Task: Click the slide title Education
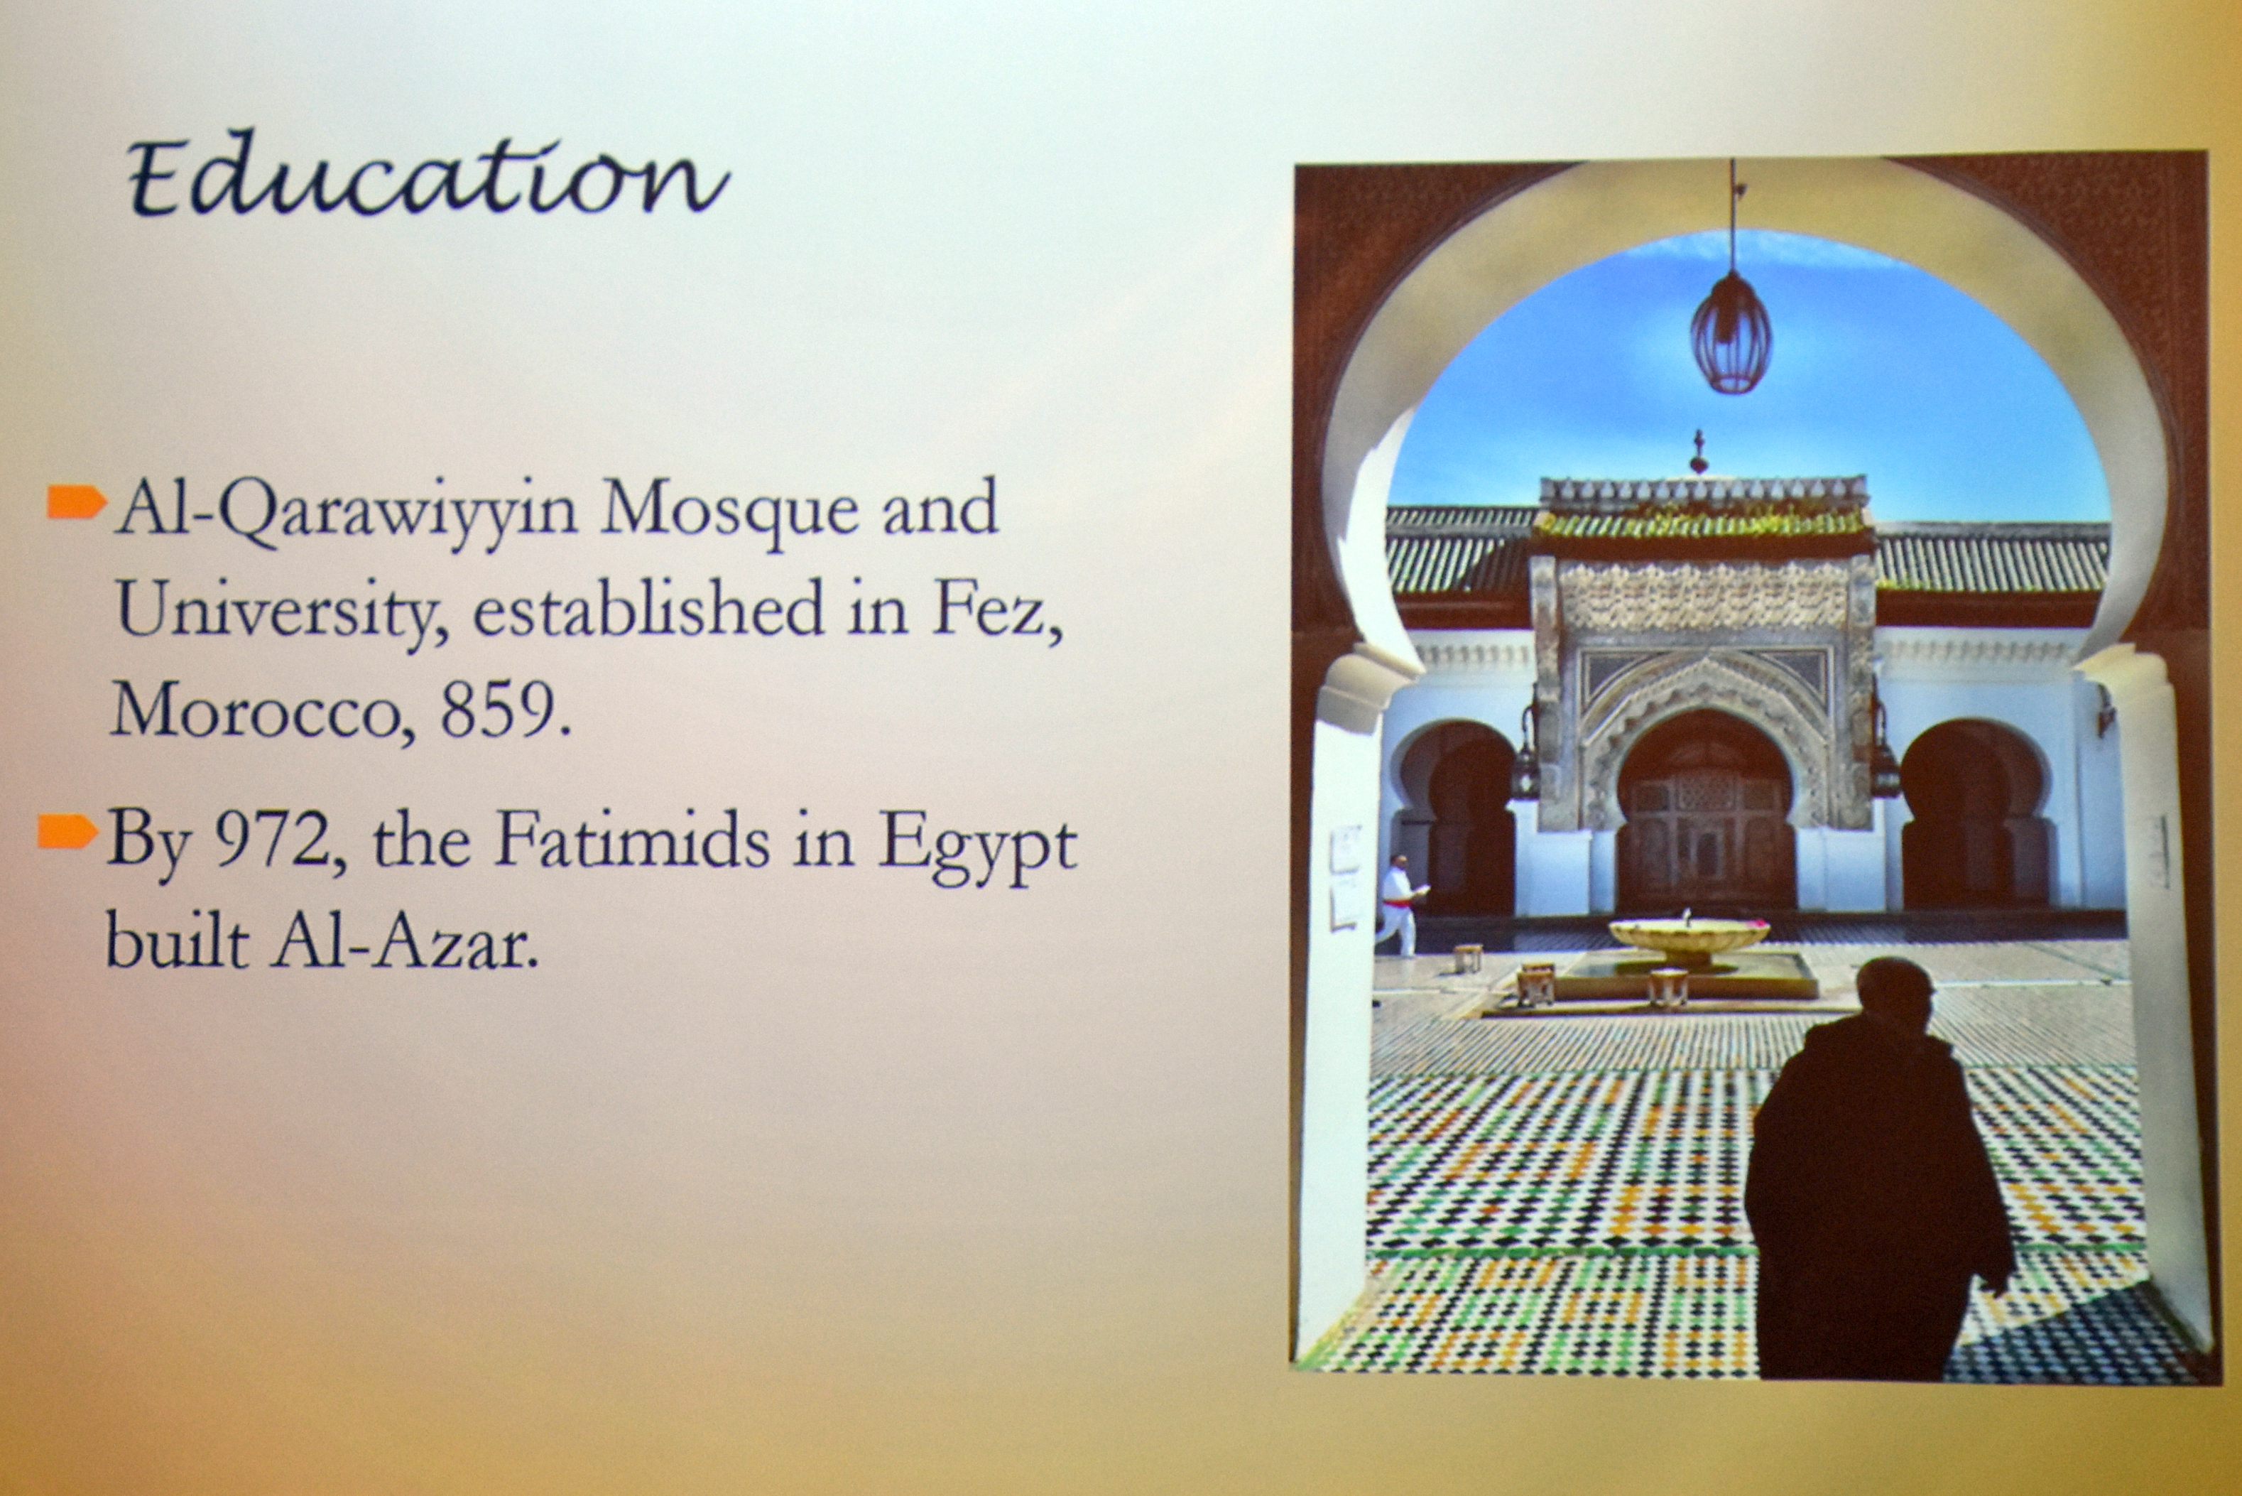(428, 175)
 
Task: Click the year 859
(506, 711)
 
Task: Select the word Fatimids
(632, 840)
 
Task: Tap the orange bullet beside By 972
(67, 831)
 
